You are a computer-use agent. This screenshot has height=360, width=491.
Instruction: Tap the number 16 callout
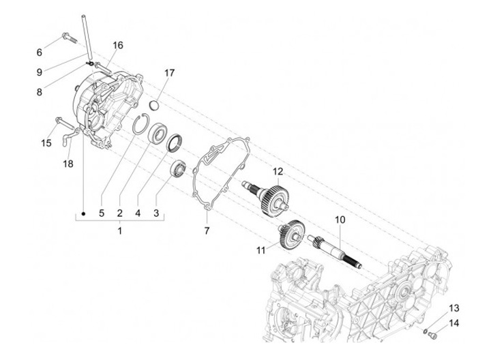(118, 45)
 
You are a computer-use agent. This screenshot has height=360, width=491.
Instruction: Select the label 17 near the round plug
(169, 72)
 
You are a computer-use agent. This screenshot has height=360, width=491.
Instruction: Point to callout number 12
(278, 170)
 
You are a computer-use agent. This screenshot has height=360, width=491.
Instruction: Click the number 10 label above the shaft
(340, 220)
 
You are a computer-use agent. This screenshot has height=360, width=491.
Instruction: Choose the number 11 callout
(260, 250)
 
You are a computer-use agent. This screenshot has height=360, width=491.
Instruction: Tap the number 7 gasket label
(206, 232)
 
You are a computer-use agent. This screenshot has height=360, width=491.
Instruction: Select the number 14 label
(454, 322)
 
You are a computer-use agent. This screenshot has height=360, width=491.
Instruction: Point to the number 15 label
(46, 143)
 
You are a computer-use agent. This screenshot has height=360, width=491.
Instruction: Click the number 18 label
(68, 164)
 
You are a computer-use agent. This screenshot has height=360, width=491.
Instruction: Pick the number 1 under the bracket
(119, 232)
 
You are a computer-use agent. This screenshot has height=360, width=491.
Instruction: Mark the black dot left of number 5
(83, 213)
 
